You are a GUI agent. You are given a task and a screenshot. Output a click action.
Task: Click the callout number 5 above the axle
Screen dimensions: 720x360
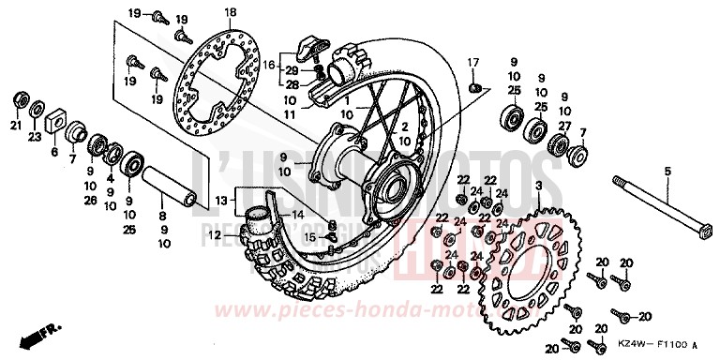point(667,169)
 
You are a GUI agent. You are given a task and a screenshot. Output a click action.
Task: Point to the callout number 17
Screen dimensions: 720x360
point(473,62)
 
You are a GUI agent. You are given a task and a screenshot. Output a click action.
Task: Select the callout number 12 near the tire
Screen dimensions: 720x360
point(215,234)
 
